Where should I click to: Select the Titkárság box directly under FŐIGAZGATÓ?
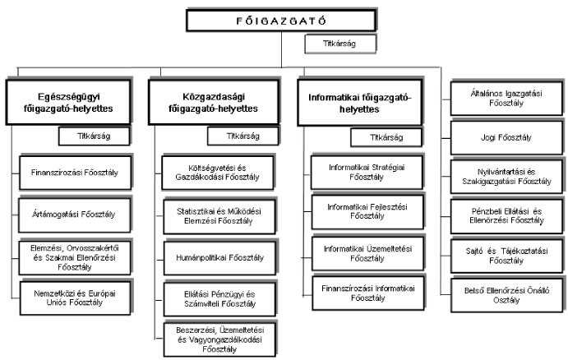(341, 43)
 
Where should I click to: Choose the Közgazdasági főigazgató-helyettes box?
(211, 102)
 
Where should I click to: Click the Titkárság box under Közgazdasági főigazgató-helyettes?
(242, 136)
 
